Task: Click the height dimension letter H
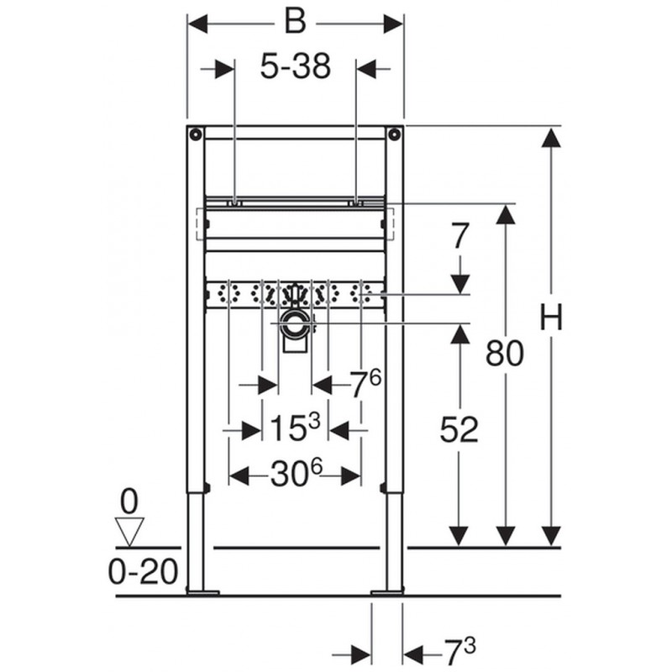[551, 318]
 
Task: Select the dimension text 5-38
[296, 66]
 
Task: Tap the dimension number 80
[505, 354]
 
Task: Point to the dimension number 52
[459, 429]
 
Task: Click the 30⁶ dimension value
[297, 473]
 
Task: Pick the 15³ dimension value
[296, 427]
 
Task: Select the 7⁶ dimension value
[365, 383]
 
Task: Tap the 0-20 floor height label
[143, 572]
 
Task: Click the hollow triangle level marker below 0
[129, 533]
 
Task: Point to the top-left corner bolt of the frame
[196, 134]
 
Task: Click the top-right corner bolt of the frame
[394, 134]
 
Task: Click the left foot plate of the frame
[202, 593]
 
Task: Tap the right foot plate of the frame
[387, 593]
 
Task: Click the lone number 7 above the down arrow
[459, 236]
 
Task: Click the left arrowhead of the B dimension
[197, 24]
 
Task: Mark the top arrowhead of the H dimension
[551, 137]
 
